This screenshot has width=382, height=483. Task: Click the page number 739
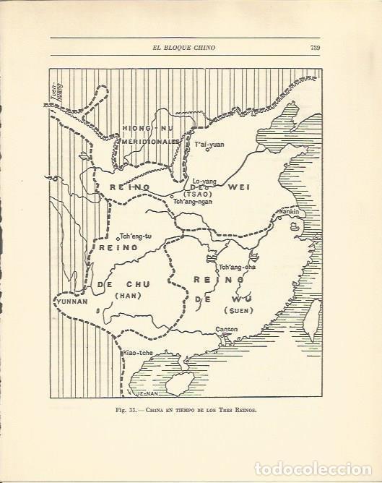pyautogui.click(x=315, y=48)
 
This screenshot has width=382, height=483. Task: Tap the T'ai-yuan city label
pyautogui.click(x=210, y=144)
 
